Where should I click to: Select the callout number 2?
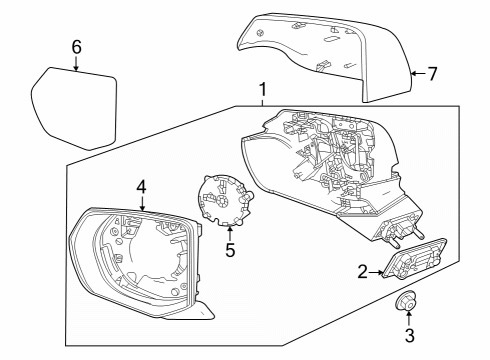coord(364,270)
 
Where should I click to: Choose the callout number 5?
coord(229,251)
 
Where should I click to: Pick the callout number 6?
coord(76,46)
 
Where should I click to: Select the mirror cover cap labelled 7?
coord(320,50)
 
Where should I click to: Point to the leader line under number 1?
coord(262,104)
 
